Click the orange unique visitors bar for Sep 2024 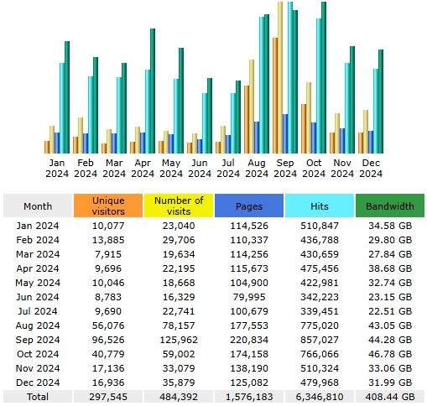pos(275,96)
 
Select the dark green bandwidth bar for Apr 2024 pos(153,91)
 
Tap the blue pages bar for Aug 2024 pos(257,138)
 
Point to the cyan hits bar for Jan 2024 pos(62,108)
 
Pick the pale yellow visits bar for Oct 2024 pos(309,117)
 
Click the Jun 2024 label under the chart pos(200,168)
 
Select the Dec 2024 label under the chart pos(371,168)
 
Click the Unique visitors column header pos(108,206)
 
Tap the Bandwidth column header pos(390,206)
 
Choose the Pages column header pos(249,206)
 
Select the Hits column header pos(320,206)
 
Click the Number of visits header pos(179,206)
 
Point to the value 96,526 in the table pos(108,340)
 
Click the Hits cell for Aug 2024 pos(320,325)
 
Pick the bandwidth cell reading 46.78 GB pos(390,354)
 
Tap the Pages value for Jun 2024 pos(249,297)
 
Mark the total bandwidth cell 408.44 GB pos(390,397)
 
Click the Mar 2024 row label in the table pos(38,254)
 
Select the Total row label pos(38,397)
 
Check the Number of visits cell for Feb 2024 pos(179,240)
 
